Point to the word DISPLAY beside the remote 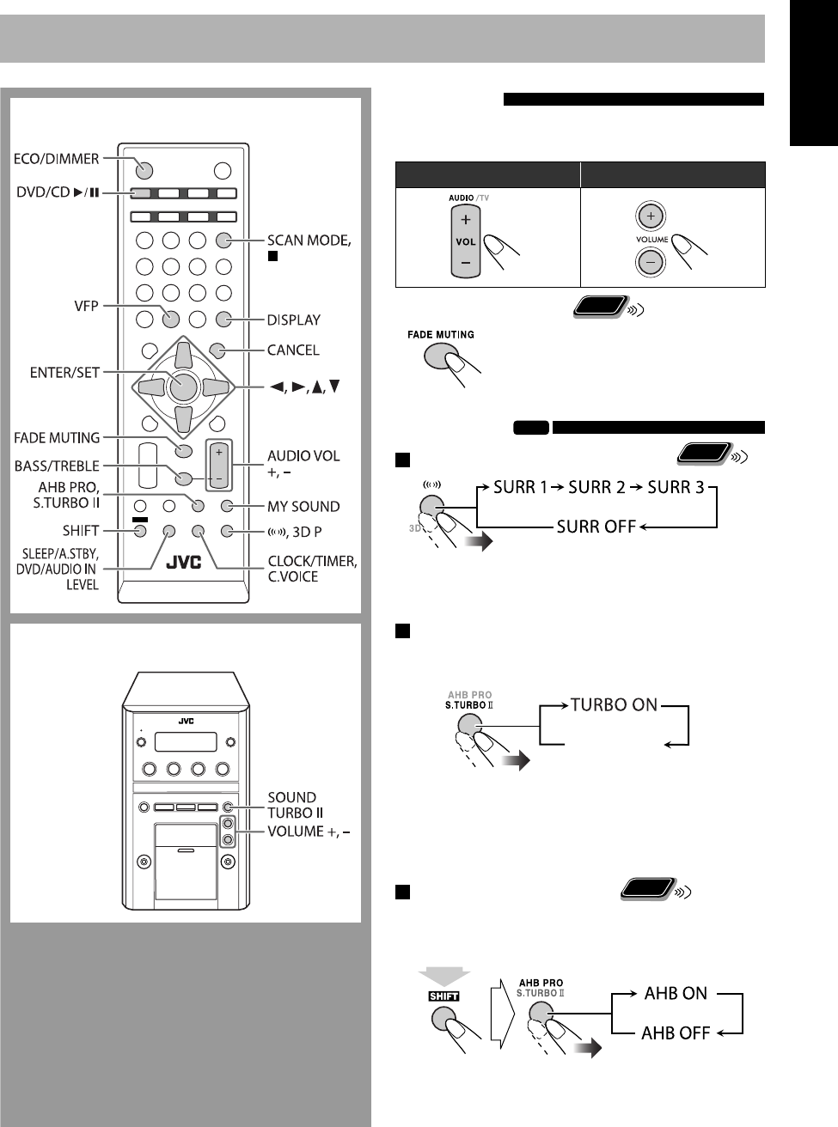pos(294,320)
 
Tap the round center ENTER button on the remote pos(182,386)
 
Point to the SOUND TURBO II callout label pos(292,804)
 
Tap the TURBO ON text pos(614,704)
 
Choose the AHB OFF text pos(676,1033)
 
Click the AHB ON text pos(675,993)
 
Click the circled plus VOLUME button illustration pos(652,216)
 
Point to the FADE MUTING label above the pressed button pos(441,335)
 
